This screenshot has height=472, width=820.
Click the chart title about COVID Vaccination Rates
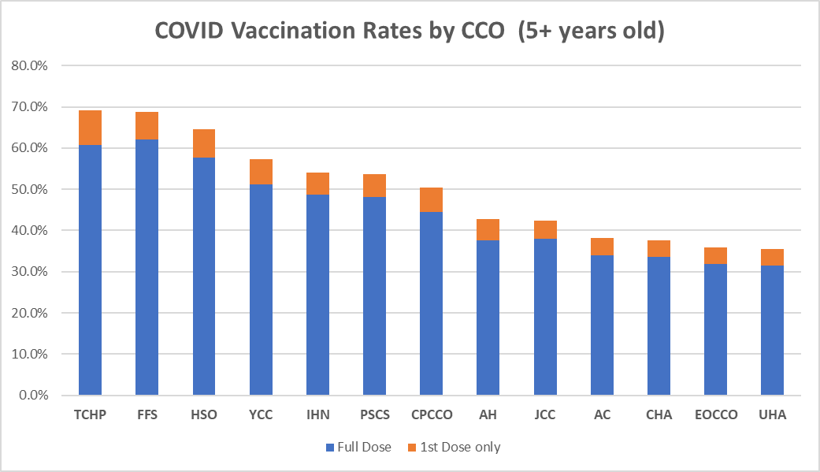point(410,31)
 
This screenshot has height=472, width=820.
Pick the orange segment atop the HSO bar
point(204,143)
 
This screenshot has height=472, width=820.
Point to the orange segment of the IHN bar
point(317,184)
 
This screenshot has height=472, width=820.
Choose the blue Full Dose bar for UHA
point(772,330)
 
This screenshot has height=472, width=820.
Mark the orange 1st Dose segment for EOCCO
point(715,255)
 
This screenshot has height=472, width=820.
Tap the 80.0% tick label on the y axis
point(30,65)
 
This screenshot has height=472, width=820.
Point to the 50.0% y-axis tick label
point(30,189)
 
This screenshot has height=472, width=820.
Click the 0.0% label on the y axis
point(33,395)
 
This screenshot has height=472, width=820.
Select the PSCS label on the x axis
point(374,414)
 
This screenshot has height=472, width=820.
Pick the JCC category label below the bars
point(544,414)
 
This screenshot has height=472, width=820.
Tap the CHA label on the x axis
point(659,414)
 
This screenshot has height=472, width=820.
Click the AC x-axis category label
point(602,414)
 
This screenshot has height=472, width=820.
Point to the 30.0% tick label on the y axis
point(30,272)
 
